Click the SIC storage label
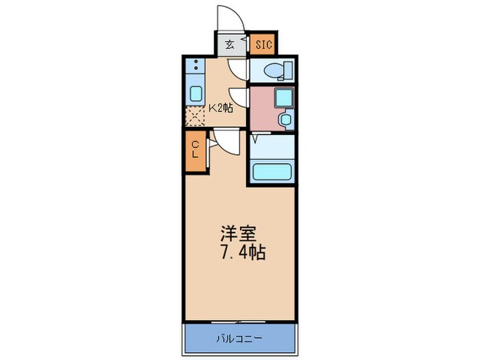263,45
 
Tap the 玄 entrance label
229,45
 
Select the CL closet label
195,149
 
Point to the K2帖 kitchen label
220,107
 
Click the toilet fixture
279,69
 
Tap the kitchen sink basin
195,95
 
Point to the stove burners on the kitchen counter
195,67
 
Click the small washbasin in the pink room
285,119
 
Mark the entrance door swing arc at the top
228,19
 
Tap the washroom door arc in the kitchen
238,95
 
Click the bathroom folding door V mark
254,139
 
